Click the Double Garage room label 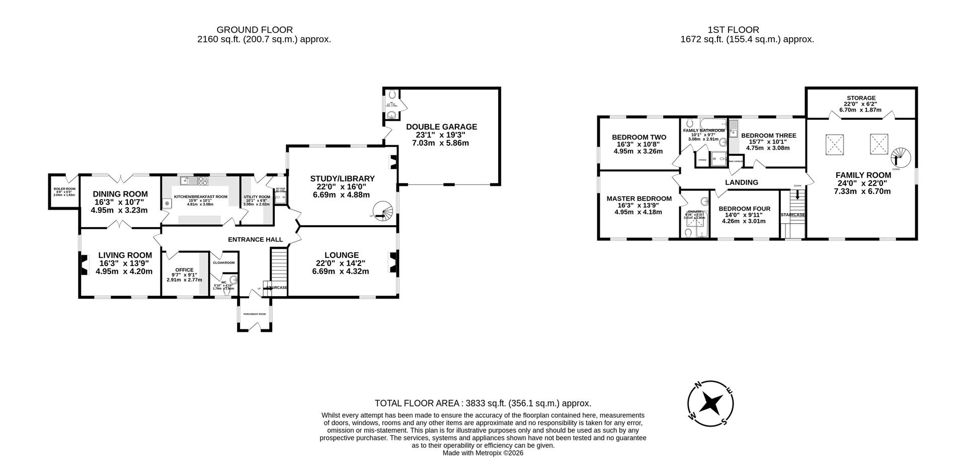pyautogui.click(x=441, y=127)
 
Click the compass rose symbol pyautogui.click(x=710, y=403)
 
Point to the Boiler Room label pyautogui.click(x=63, y=189)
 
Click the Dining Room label pyautogui.click(x=120, y=194)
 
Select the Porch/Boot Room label pyautogui.click(x=254, y=314)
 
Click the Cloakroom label pyautogui.click(x=224, y=262)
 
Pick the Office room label pyautogui.click(x=184, y=270)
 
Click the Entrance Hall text pyautogui.click(x=255, y=239)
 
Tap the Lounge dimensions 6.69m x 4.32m pyautogui.click(x=341, y=271)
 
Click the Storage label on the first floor pyautogui.click(x=861, y=98)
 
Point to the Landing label pyautogui.click(x=742, y=182)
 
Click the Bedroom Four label pyautogui.click(x=744, y=209)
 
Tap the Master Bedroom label pyautogui.click(x=638, y=199)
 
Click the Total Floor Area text pyautogui.click(x=482, y=403)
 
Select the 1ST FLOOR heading pyautogui.click(x=747, y=30)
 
